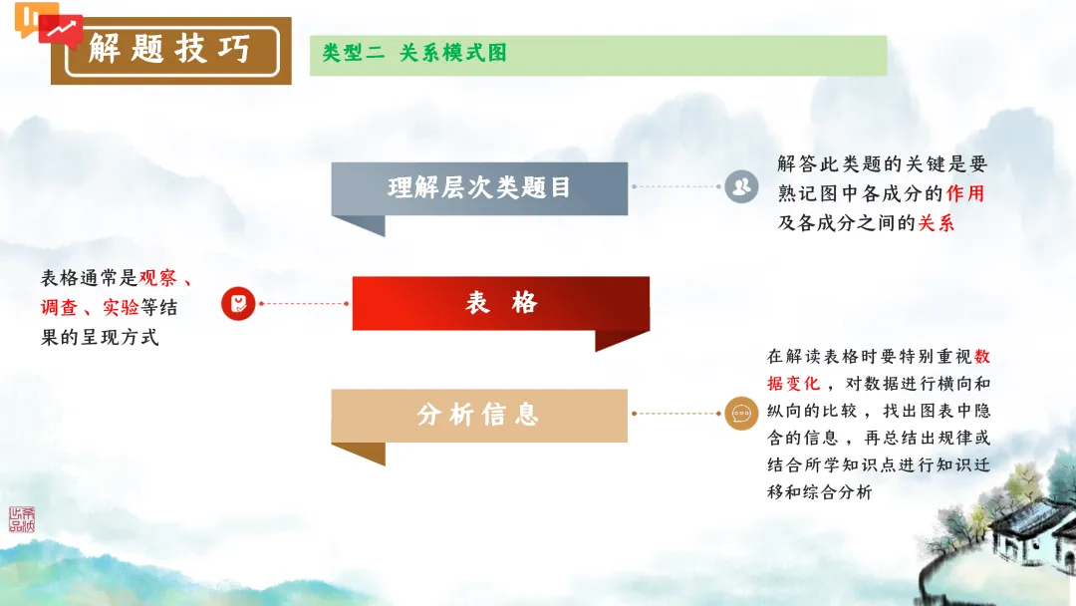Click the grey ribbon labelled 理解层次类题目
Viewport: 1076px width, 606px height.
pos(479,187)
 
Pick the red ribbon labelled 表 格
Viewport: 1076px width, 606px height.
pos(500,303)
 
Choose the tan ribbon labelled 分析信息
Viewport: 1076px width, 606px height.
pos(479,415)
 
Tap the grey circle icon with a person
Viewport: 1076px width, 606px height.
pos(741,186)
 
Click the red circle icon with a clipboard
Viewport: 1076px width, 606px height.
pos(238,303)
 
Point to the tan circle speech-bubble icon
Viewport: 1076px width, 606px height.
pos(741,414)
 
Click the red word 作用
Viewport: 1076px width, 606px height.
pos(964,193)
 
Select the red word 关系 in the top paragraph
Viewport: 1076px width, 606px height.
pos(936,223)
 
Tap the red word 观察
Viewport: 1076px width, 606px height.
pos(157,278)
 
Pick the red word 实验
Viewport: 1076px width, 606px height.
pos(121,308)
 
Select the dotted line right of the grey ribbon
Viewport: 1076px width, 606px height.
pos(675,186)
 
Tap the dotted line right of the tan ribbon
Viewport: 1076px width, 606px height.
pos(675,414)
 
